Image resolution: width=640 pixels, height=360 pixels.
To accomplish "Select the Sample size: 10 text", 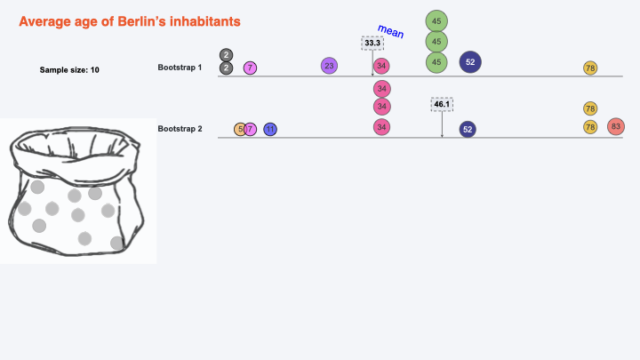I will (69, 69).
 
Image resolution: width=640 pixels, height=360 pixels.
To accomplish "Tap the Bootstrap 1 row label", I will (180, 68).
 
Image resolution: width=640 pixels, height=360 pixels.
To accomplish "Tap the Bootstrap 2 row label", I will (180, 129).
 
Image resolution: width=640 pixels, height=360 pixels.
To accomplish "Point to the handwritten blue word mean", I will (390, 32).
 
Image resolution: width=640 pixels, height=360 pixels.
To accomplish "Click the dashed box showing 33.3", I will (373, 42).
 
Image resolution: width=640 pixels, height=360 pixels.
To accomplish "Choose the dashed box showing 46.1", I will (442, 104).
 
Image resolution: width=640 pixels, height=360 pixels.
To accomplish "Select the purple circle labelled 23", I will (329, 66).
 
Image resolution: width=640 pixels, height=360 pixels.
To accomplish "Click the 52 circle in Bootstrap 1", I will (470, 61).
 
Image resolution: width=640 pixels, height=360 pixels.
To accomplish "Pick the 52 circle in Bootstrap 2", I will (468, 129).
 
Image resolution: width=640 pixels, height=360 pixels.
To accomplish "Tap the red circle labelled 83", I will (616, 126).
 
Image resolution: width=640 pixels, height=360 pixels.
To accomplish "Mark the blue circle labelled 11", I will (270, 130).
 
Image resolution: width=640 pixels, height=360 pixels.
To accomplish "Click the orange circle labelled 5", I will (239, 130).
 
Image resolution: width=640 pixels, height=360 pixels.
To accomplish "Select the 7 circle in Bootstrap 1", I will (251, 68).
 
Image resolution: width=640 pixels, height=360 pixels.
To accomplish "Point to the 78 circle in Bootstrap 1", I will (590, 68).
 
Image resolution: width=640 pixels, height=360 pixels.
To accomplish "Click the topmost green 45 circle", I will (436, 20).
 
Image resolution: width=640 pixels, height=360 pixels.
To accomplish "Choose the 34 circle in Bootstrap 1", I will (381, 66).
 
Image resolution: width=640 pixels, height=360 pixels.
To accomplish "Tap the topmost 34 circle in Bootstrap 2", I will (381, 88).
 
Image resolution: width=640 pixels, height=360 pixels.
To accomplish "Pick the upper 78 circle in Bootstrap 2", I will (590, 108).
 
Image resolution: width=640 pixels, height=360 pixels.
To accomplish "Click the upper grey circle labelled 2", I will (227, 55).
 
